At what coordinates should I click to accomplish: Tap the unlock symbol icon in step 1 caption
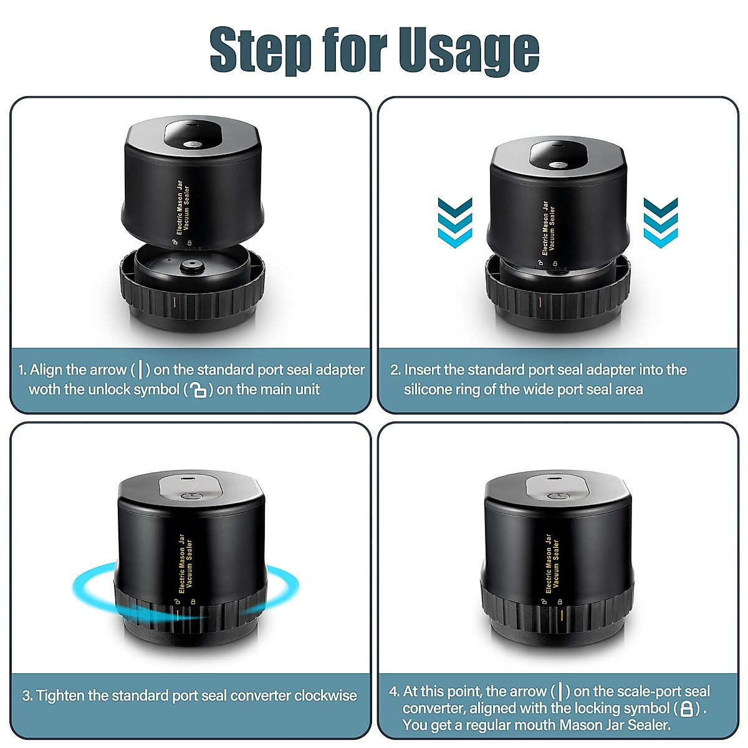(x=198, y=391)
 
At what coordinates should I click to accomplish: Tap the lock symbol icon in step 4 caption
(x=686, y=709)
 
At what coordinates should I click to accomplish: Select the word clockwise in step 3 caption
(x=325, y=696)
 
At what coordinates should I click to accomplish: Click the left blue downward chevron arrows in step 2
(x=455, y=223)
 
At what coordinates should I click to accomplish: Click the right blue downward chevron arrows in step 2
(x=660, y=223)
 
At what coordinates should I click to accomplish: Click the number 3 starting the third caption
(x=27, y=696)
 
